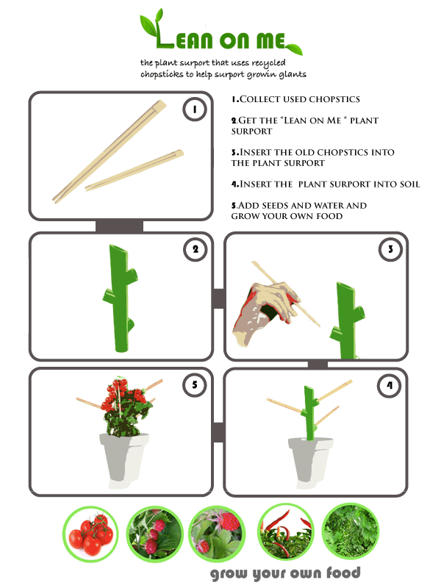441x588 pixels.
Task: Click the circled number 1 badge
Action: (x=195, y=109)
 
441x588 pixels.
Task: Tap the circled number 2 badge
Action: (x=196, y=249)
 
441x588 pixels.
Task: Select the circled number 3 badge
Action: (x=390, y=249)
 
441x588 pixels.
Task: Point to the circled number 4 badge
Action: (x=390, y=385)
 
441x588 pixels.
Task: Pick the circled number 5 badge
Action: (x=195, y=384)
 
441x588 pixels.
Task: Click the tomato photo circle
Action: (x=90, y=534)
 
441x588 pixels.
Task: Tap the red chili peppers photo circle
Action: (x=286, y=532)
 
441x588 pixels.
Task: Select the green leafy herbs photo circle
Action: (x=351, y=531)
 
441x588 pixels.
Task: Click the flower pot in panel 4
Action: (x=310, y=462)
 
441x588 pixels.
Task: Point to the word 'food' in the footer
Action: (x=343, y=573)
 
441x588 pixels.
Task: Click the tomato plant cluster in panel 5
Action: (x=124, y=406)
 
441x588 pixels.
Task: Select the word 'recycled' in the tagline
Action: (x=268, y=63)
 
